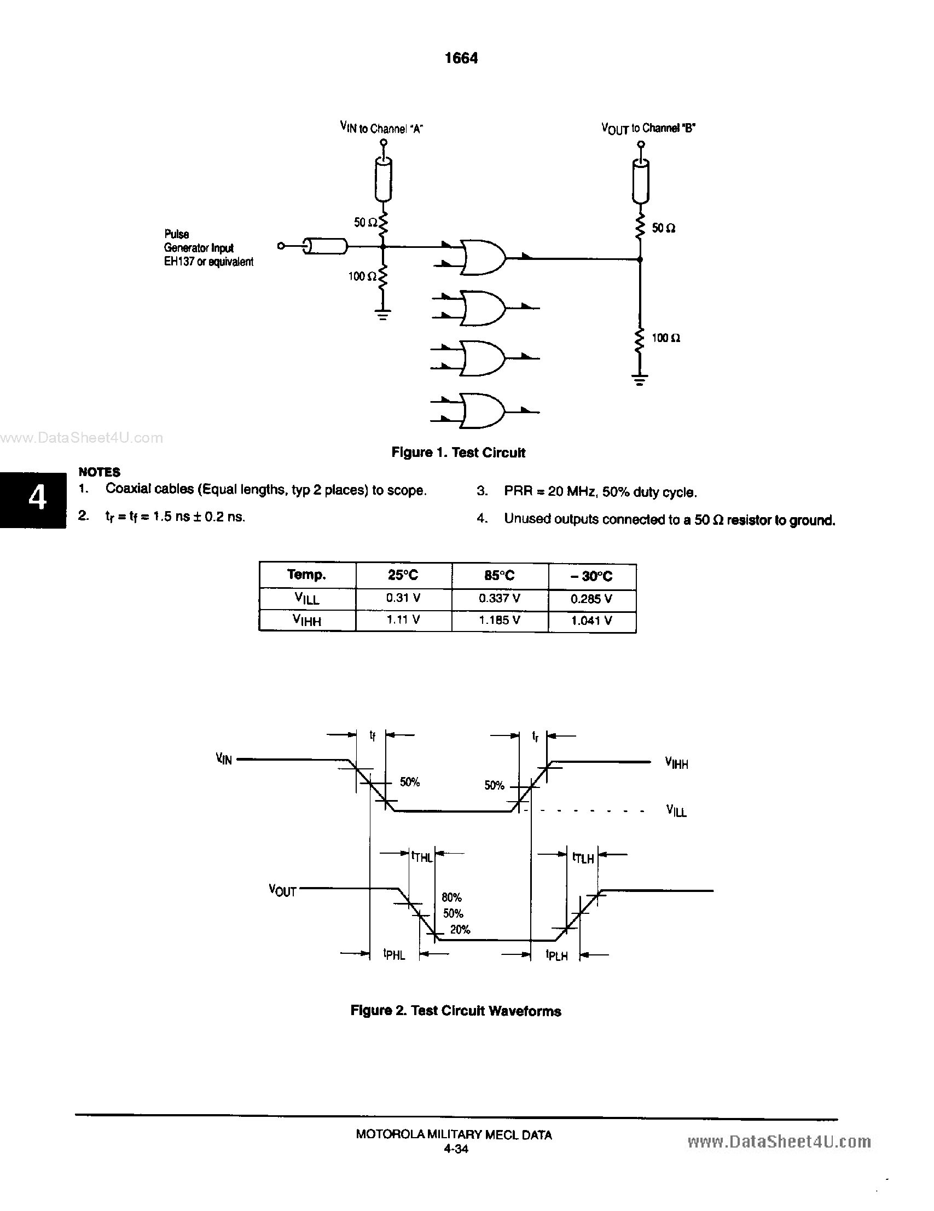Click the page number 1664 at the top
point(461,58)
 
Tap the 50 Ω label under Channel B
point(663,228)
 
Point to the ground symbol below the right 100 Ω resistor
point(640,380)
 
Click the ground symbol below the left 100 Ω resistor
point(382,315)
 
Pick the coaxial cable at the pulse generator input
point(326,246)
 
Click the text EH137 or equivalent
point(208,262)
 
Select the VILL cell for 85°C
point(500,598)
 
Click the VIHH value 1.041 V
point(591,621)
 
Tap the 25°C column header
point(403,575)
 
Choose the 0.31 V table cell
point(403,598)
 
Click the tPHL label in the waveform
point(394,954)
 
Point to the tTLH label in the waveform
point(583,858)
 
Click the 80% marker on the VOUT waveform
point(451,897)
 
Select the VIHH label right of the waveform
point(676,763)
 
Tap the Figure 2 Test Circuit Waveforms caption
point(456,1011)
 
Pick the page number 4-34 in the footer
point(456,1149)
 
